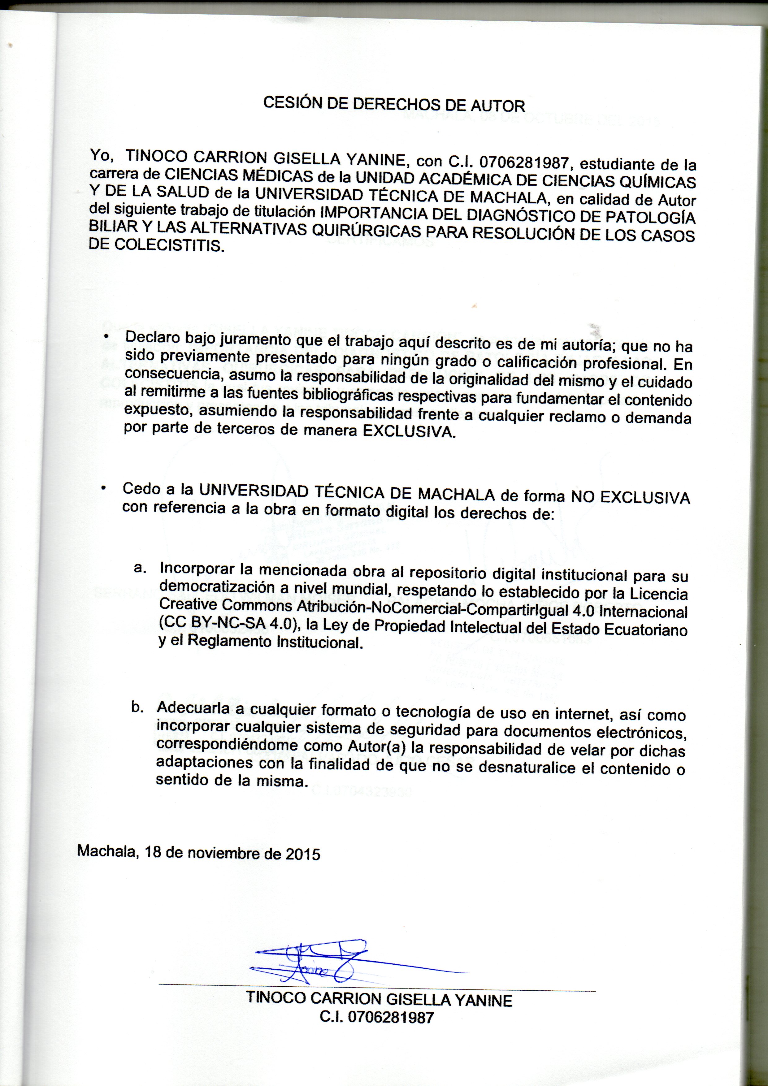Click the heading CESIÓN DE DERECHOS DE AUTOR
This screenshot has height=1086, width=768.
(394, 104)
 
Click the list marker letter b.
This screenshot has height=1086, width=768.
(137, 707)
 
